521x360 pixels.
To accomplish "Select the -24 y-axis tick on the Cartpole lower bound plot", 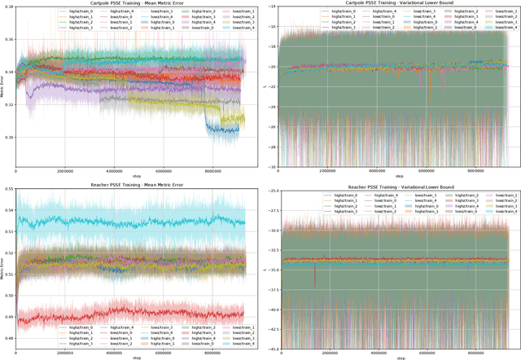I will click(272, 108).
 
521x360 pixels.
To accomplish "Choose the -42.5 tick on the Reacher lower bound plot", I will click(269, 329).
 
